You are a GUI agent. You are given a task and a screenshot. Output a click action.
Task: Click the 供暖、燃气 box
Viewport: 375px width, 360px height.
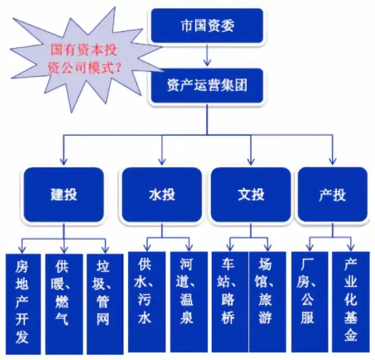[x=63, y=301]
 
